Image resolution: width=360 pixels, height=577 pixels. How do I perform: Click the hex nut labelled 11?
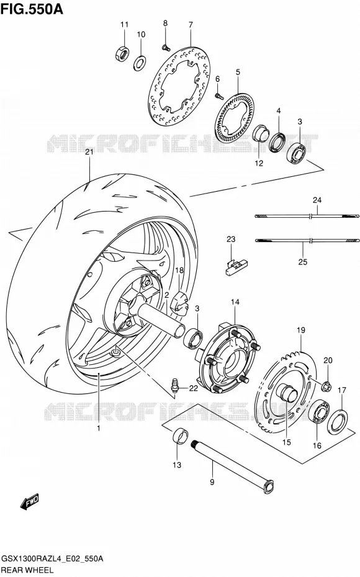coord(122,53)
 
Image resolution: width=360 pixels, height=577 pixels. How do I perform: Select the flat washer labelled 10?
coord(140,63)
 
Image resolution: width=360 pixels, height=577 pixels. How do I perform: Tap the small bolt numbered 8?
coord(165,47)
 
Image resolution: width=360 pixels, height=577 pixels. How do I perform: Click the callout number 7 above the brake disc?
coord(191,25)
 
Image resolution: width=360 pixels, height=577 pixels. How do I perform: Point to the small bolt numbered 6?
coord(219,96)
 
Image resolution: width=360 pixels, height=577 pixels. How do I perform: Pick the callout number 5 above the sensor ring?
coord(238,72)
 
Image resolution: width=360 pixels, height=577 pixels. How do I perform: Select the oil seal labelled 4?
coord(278,143)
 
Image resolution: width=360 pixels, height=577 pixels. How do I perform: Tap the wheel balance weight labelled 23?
coord(236,266)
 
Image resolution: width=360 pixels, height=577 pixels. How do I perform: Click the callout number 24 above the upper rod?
coord(317,200)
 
